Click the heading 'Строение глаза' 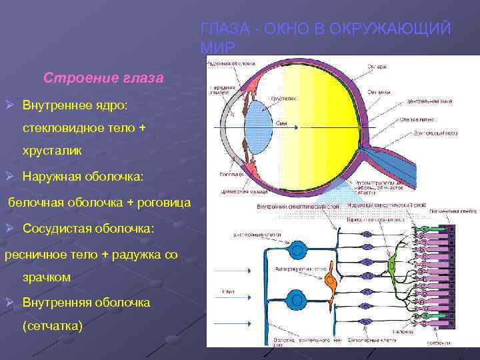pyautogui.click(x=103, y=78)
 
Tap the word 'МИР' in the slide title pyautogui.click(x=217, y=48)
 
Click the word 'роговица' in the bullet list pyautogui.click(x=163, y=202)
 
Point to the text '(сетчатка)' pyautogui.click(x=53, y=326)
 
